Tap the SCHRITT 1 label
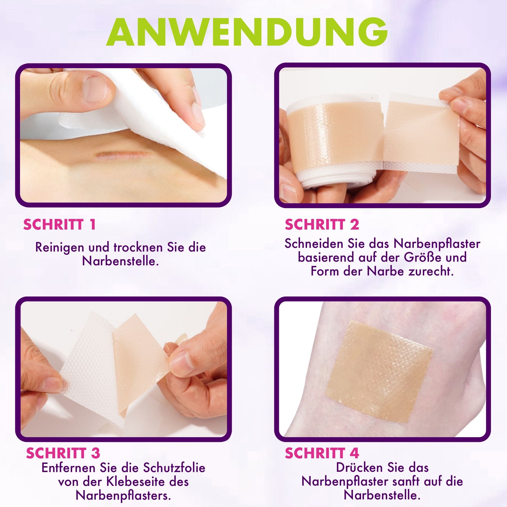[59, 224]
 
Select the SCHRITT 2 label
[322, 224]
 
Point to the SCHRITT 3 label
[63, 453]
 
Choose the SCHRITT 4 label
[322, 453]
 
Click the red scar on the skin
[123, 155]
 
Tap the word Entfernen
[69, 468]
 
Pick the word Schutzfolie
[174, 468]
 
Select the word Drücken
[359, 468]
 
